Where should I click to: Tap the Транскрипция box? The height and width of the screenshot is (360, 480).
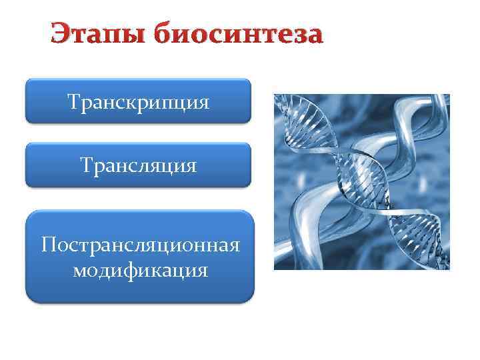[x=138, y=101]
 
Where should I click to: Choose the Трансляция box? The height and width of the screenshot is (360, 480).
[x=138, y=165]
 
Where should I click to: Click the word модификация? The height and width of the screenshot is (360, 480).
[x=140, y=270]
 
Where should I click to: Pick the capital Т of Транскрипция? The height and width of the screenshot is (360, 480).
[x=73, y=102]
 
